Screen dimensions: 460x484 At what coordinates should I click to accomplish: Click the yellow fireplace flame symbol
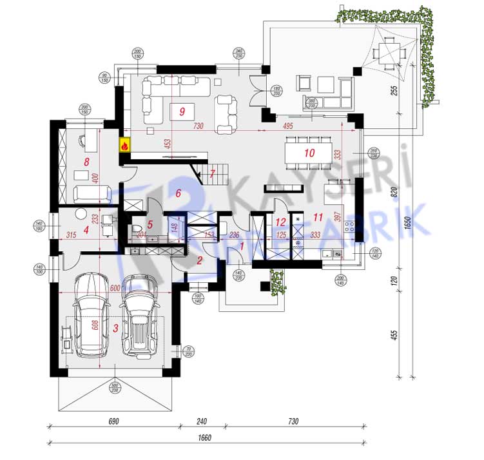[124, 145]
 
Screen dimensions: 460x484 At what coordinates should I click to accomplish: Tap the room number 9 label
[182, 111]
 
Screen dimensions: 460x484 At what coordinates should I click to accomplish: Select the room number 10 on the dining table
[309, 153]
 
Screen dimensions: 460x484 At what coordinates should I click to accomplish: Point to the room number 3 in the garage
[115, 328]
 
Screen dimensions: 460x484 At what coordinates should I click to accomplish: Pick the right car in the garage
[140, 316]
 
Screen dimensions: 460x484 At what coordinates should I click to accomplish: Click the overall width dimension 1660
[205, 439]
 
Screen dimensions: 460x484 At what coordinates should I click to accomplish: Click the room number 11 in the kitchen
[316, 216]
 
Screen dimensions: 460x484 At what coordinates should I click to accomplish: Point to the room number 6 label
[179, 193]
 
